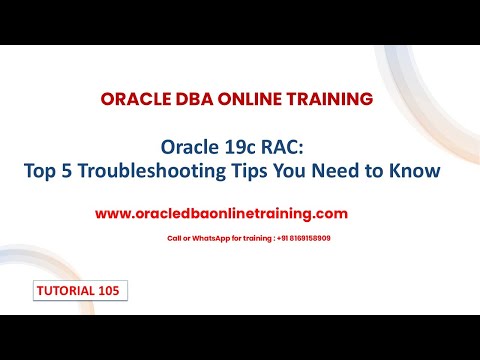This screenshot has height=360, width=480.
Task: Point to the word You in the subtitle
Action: coord(269,171)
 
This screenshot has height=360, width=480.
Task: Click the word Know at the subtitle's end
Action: coord(414,171)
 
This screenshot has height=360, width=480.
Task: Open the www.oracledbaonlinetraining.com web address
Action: coord(221,213)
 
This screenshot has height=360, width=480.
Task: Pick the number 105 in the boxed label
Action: coord(111,290)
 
